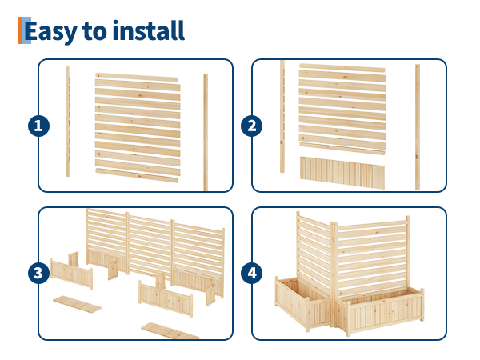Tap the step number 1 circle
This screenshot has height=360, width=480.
(38, 126)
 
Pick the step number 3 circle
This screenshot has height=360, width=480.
(38, 274)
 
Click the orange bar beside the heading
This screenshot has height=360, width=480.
(20, 30)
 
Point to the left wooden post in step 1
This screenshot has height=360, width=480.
(68, 122)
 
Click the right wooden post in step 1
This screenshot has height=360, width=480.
(206, 132)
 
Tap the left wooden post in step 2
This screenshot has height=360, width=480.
(282, 116)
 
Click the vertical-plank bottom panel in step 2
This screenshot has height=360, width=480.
(342, 171)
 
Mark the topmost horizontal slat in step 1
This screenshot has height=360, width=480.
(136, 78)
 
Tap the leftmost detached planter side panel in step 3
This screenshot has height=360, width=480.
(70, 271)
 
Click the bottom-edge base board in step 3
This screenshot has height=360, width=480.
(170, 330)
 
